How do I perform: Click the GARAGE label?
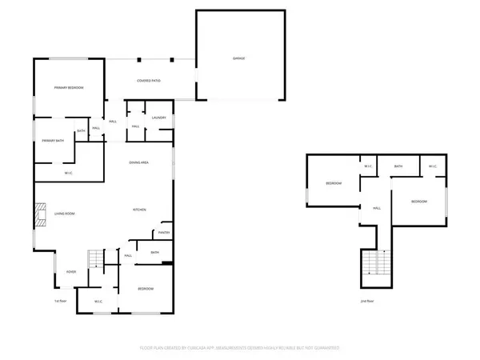tap(238, 59)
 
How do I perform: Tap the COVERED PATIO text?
tap(150, 81)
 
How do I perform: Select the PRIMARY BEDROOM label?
tap(69, 87)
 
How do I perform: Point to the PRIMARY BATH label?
tap(53, 141)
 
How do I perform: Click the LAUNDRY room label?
tap(158, 118)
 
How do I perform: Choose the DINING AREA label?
tap(139, 163)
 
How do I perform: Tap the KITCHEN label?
tap(139, 210)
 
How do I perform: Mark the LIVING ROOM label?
tap(64, 214)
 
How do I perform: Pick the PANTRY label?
tap(164, 233)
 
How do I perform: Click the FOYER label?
tap(71, 272)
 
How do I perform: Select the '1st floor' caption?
tap(58, 302)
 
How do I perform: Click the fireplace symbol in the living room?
tap(38, 214)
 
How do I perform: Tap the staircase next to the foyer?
tap(95, 258)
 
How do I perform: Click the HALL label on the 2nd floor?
tap(375, 208)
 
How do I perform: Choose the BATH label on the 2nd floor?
tap(398, 166)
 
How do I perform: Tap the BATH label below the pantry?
tap(155, 253)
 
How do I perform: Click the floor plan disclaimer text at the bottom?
tap(240, 349)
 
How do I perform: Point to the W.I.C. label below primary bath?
tap(70, 173)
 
